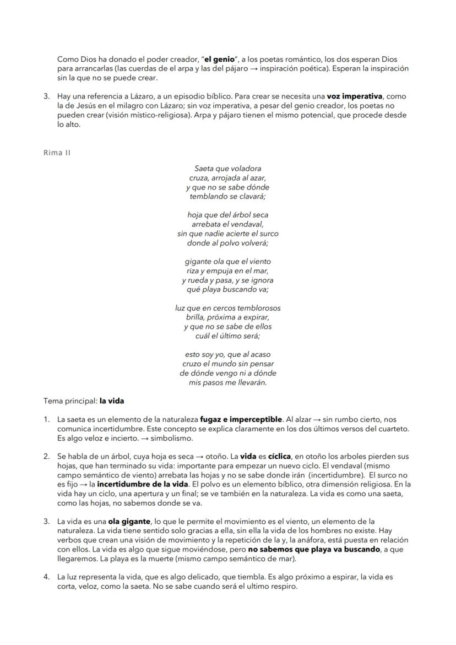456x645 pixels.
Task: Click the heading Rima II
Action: [x=57, y=153]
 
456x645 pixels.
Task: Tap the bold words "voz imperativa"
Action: [x=355, y=96]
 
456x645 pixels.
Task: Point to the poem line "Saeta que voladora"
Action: [x=227, y=169]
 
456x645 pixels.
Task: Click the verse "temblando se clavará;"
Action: [x=227, y=196]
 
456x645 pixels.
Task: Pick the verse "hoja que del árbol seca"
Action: [x=227, y=215]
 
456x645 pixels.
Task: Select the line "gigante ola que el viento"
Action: [x=227, y=262]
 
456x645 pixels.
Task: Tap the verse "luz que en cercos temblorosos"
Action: [x=227, y=308]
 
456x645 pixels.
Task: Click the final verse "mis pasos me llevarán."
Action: [x=227, y=382]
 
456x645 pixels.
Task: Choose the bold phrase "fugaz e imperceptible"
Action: [x=241, y=420]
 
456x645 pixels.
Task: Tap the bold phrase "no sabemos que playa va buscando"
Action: [x=314, y=549]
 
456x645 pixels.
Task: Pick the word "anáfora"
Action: [x=314, y=540]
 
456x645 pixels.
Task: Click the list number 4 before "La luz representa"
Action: [x=47, y=577]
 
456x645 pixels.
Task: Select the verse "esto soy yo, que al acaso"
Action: [x=227, y=355]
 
